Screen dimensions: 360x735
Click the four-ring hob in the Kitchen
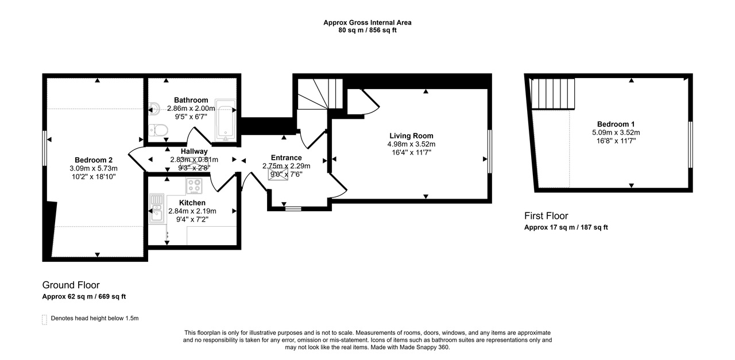coord(195,186)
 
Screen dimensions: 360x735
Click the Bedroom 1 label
coord(616,125)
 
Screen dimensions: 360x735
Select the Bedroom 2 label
coord(93,160)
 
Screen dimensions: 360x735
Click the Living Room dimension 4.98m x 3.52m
coord(411,144)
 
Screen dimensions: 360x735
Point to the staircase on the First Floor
coord(552,94)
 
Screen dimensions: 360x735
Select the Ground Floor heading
coord(71,285)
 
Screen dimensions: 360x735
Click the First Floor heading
coord(546,216)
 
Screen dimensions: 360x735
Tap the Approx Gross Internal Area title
coord(367,23)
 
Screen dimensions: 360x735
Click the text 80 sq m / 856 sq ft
coord(367,30)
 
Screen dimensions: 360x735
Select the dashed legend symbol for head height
coord(44,320)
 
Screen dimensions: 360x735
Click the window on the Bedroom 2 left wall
coord(44,148)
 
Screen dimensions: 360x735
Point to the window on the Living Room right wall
coord(490,150)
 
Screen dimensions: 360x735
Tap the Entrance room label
coord(286,158)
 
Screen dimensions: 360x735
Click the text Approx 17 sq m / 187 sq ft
coord(566,227)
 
